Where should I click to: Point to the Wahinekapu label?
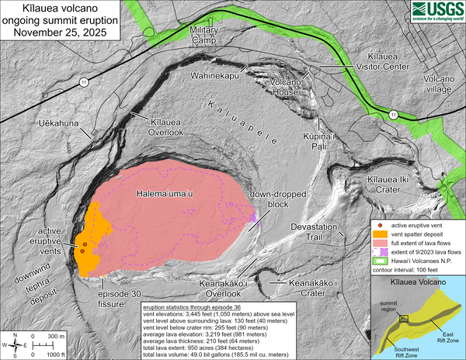tap(217, 76)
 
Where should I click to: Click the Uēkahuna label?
tap(60, 124)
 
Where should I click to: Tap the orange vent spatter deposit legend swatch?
tap(381, 234)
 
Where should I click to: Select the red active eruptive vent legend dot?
tap(381, 224)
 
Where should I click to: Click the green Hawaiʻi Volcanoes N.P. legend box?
tap(381, 261)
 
